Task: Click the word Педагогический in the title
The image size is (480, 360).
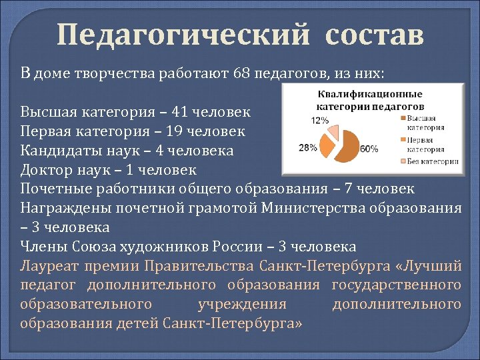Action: tap(183, 35)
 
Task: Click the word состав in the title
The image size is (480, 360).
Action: tap(375, 35)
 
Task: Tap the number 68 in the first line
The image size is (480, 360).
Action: tap(242, 73)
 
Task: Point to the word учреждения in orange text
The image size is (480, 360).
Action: tap(242, 305)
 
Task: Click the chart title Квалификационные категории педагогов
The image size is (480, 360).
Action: tap(370, 101)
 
